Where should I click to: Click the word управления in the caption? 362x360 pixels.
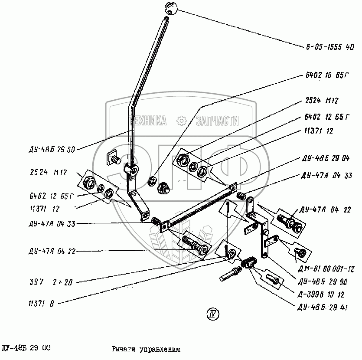158,349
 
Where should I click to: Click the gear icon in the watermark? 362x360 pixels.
182,121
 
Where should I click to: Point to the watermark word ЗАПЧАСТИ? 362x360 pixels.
217,121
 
